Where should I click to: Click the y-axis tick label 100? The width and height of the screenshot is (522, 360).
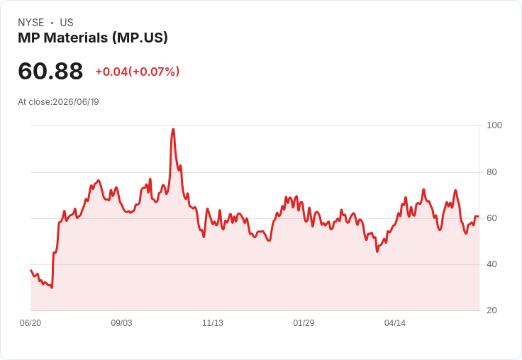click(x=494, y=125)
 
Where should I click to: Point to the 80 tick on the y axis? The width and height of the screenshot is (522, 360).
click(x=492, y=172)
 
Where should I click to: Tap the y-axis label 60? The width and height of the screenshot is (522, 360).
click(x=492, y=218)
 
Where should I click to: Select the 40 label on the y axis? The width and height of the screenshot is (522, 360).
click(x=492, y=264)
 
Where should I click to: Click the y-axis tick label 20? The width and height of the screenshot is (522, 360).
click(x=492, y=310)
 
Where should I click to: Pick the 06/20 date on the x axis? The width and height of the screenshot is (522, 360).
click(x=30, y=323)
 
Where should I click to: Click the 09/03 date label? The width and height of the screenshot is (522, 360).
click(x=121, y=323)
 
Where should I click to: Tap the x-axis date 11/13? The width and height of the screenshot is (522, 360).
click(x=213, y=323)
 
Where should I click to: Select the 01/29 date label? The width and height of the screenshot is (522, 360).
click(x=304, y=323)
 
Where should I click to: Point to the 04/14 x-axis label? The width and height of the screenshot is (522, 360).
click(x=395, y=323)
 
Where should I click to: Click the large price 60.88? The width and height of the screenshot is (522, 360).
click(x=50, y=71)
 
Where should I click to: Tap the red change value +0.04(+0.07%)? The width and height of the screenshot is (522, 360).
click(x=138, y=72)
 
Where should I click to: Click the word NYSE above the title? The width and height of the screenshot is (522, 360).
click(x=31, y=23)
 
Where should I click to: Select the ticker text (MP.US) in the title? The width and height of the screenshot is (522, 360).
click(x=140, y=38)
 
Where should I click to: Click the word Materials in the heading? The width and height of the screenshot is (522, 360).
click(x=76, y=38)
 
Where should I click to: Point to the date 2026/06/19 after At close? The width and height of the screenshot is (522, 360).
click(x=76, y=102)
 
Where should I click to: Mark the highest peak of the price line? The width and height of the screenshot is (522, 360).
click(x=173, y=129)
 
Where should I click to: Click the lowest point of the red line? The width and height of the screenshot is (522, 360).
click(x=52, y=288)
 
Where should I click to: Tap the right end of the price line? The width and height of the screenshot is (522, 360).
click(x=478, y=217)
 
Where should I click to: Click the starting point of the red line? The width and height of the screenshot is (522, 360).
click(x=30, y=270)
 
